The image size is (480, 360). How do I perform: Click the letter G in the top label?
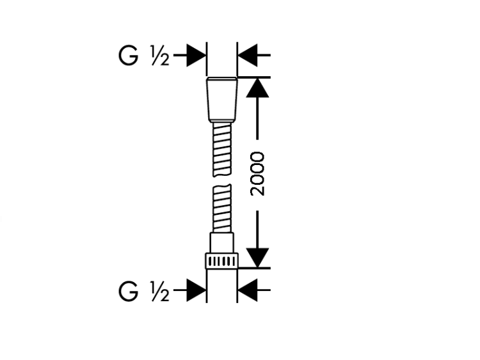coord(128,56)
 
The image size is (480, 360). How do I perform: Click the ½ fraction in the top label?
coord(160,56)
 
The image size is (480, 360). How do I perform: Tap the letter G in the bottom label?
coord(128,292)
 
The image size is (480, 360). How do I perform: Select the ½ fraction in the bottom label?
coord(160,292)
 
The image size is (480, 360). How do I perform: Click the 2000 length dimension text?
coord(257,174)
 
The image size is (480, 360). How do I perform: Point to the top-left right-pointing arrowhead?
coord(196,56)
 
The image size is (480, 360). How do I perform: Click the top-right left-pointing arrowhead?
coord(248,56)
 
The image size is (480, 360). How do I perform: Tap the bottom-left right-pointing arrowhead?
coord(196,290)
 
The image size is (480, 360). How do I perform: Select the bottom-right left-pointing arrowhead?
coord(248,290)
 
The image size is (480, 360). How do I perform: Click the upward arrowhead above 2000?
coord(257,88)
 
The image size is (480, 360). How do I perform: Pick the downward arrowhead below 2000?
coord(257,258)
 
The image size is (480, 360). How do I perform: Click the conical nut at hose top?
coord(222,100)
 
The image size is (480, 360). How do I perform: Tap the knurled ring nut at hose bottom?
coord(221,261)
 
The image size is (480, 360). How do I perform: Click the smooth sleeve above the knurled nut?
coord(221,243)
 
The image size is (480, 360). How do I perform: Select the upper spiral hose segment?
coord(222,150)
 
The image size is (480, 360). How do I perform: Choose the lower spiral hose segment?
coord(222,208)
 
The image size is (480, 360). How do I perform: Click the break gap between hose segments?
coord(222,180)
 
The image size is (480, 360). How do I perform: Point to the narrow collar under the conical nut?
coord(222,123)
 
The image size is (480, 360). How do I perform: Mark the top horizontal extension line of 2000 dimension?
coord(254,77)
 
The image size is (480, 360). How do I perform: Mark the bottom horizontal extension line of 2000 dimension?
coord(254,268)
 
